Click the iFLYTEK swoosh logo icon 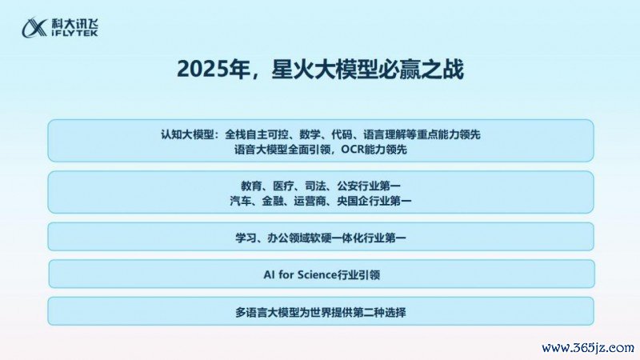tap(34, 27)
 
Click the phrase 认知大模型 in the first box tap(187, 134)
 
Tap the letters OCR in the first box tap(352, 150)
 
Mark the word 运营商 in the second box tap(310, 201)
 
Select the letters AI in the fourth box tap(269, 274)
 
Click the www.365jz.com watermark tap(588, 348)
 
